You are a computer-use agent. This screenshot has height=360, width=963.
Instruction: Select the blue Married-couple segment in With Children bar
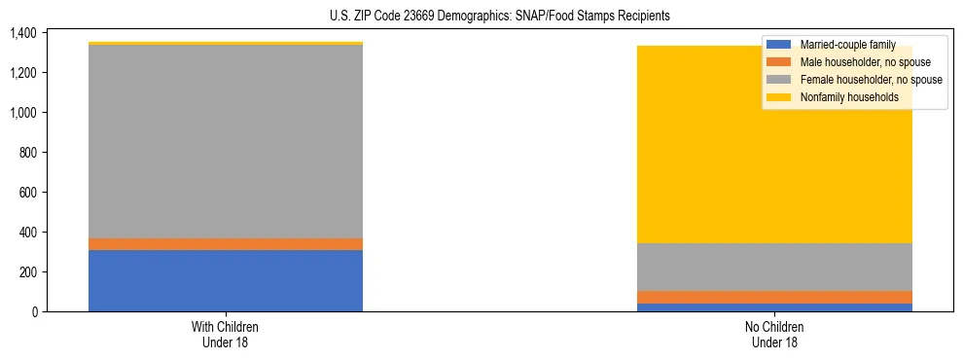click(x=226, y=280)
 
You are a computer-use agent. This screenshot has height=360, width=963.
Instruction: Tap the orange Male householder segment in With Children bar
click(x=226, y=244)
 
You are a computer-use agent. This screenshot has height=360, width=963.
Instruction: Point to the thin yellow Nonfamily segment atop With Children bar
click(x=226, y=44)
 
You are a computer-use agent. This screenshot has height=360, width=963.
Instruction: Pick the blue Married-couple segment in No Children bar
click(x=775, y=307)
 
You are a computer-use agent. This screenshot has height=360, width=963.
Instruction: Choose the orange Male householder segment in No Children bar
click(x=775, y=297)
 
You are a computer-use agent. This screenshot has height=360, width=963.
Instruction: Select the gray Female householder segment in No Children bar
click(x=775, y=267)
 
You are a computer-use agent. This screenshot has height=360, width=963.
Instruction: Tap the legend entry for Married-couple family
click(x=847, y=45)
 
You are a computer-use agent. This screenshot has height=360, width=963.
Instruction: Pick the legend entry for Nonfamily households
click(x=849, y=97)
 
